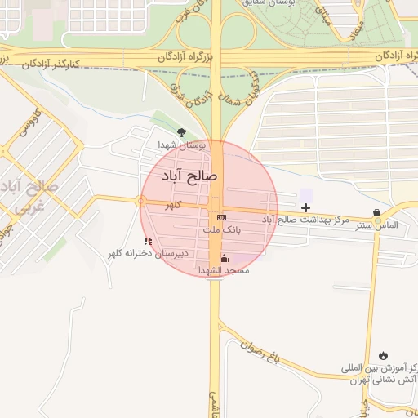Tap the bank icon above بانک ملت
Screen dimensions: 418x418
point(221,216)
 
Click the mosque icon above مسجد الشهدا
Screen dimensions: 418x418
point(225,259)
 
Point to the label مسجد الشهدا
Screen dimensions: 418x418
point(223,270)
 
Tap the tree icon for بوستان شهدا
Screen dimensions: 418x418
point(180,131)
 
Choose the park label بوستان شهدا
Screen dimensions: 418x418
point(184,145)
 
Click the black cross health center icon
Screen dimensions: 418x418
point(305,209)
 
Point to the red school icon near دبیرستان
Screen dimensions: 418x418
point(148,241)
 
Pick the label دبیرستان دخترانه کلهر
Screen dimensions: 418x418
point(150,254)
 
